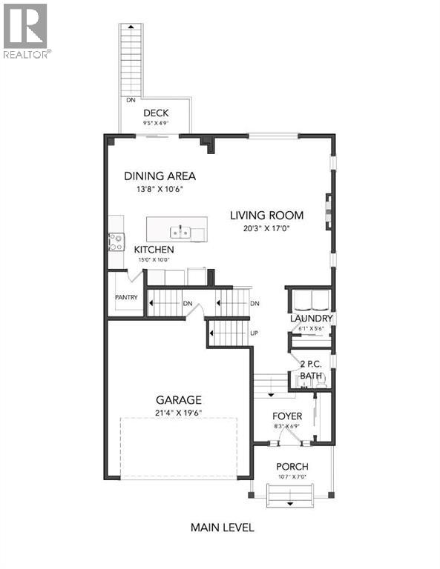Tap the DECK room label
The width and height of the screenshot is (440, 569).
[157, 113]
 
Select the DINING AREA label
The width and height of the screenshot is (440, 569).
[160, 176]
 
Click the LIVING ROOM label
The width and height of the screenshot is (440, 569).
[266, 216]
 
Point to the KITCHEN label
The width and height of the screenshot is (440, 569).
[154, 250]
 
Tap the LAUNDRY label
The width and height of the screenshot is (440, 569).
[310, 319]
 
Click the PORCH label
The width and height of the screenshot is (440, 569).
[291, 466]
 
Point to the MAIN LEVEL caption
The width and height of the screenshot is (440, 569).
[222, 528]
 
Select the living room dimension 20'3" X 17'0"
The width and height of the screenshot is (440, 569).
[266, 229]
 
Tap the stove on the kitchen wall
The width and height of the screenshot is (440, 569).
[116, 242]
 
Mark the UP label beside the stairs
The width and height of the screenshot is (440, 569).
[255, 333]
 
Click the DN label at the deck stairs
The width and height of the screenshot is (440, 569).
[131, 99]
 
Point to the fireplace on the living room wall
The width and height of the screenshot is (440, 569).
[327, 209]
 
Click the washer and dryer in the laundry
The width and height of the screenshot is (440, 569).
[309, 299]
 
